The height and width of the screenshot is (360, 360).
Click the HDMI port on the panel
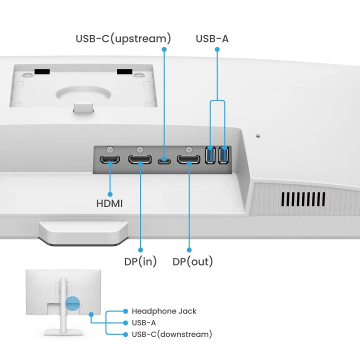(109, 160)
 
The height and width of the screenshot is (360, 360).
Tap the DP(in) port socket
(140, 160)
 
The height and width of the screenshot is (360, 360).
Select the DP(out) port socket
(189, 160)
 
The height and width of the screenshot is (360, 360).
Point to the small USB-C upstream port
(163, 161)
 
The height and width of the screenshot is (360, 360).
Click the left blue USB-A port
(210, 154)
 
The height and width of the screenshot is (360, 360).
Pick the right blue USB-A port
(224, 154)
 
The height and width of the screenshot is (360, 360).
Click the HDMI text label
(109, 204)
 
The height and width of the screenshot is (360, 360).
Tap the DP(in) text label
(140, 261)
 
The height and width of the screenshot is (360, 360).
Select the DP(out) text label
(192, 261)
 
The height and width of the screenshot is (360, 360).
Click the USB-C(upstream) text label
(123, 38)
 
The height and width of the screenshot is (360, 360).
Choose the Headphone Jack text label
(164, 311)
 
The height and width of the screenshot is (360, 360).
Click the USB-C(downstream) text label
(171, 334)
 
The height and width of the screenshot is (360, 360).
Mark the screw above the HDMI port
(109, 149)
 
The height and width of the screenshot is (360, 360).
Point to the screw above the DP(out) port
(189, 149)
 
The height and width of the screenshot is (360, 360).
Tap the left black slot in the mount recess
(42, 72)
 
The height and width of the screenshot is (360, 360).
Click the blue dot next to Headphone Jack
(125, 311)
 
